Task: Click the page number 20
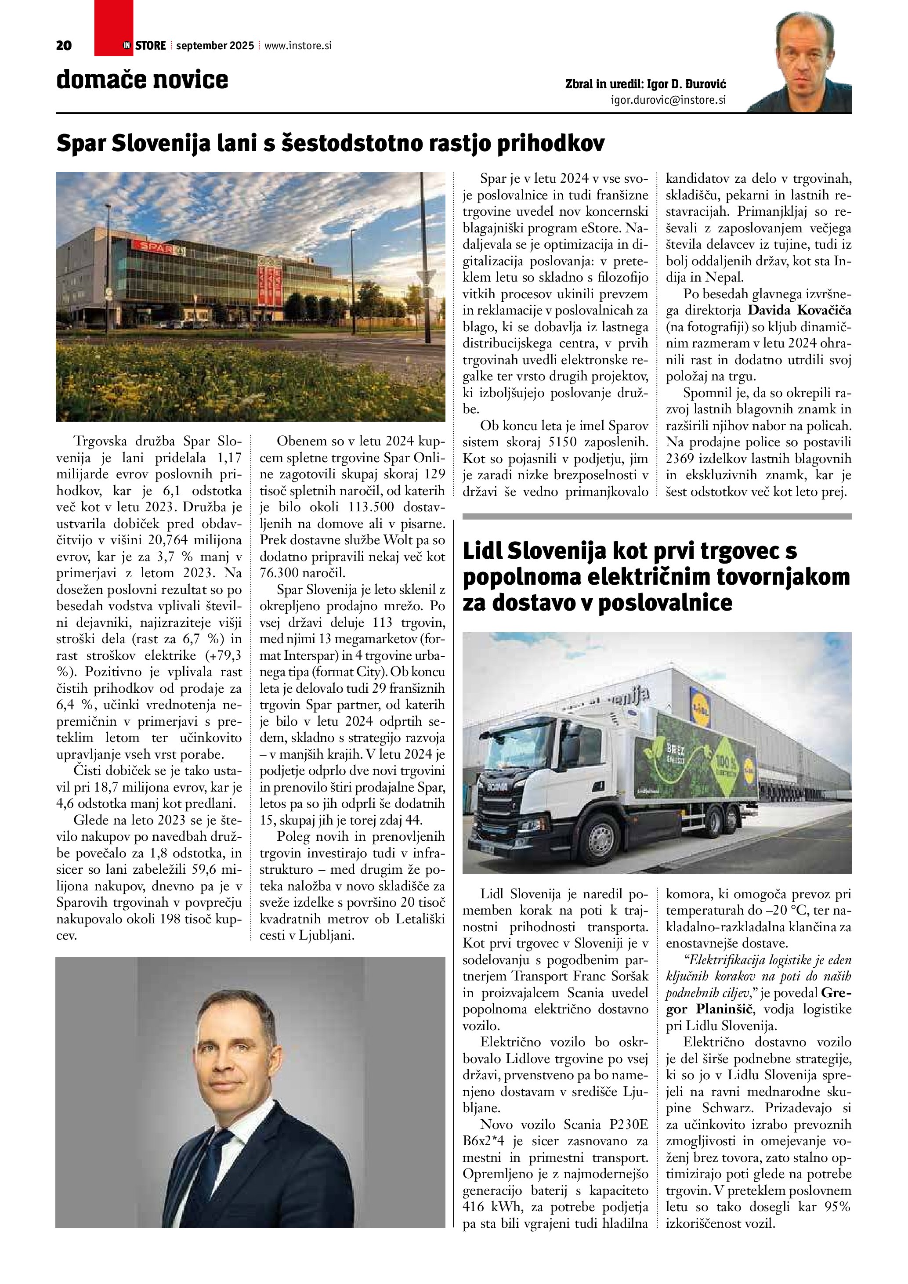point(64,46)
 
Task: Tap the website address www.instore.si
point(298,46)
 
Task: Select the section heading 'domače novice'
point(142,80)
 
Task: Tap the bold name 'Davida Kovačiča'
point(799,310)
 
